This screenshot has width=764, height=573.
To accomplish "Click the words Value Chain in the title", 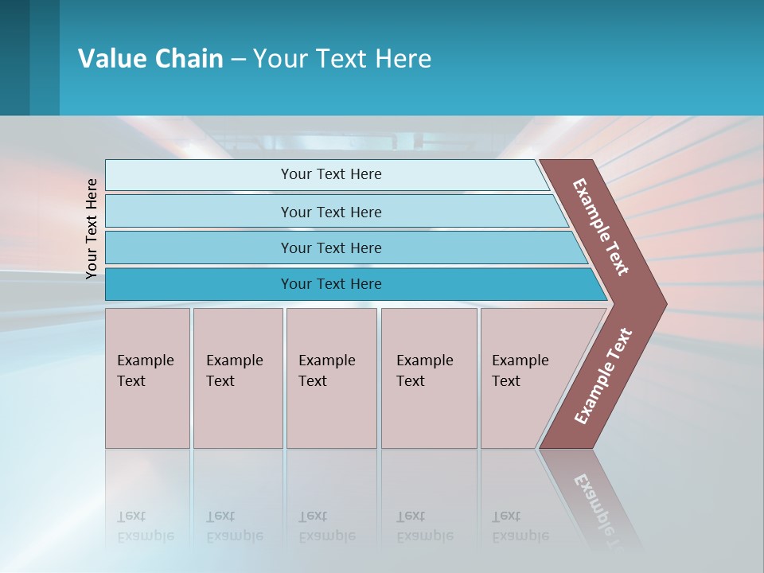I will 150,59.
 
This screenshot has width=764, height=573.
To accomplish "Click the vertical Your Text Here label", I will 92,228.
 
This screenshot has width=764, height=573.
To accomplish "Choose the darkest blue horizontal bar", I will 199,284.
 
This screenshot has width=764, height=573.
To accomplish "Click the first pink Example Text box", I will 147,378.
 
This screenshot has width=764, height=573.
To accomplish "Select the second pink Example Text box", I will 238,378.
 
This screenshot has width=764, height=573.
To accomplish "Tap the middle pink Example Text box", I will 331,378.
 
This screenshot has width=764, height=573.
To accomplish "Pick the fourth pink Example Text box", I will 429,378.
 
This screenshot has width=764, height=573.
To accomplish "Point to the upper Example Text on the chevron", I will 601,227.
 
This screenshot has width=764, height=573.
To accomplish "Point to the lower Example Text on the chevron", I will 602,376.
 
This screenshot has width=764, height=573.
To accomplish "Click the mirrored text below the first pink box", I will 145,526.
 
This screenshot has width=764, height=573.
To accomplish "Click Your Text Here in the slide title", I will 342,59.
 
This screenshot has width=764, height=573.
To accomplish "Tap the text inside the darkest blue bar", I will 331,284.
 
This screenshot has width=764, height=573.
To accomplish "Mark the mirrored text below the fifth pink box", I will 520,526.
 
